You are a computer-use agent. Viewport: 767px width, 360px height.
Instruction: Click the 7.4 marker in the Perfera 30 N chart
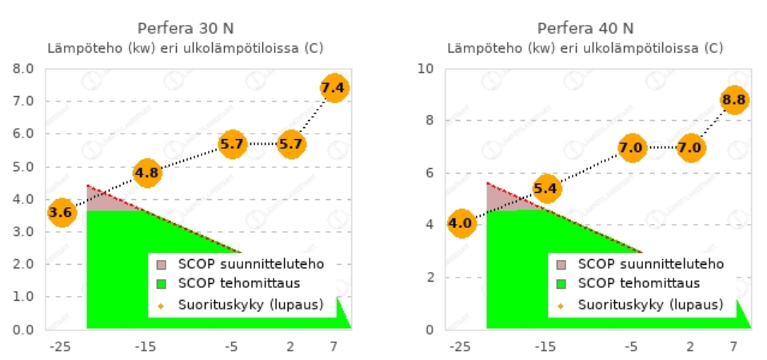click(334, 87)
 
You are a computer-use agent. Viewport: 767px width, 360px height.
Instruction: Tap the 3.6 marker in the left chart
click(61, 212)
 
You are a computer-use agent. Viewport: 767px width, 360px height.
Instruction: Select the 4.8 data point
click(146, 172)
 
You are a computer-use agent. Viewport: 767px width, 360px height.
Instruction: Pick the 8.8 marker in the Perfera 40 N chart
click(733, 100)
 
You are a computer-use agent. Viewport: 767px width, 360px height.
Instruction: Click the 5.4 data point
click(546, 189)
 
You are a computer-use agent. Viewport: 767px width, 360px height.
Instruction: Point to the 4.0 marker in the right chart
click(461, 223)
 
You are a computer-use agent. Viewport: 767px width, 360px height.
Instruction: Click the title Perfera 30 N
click(186, 28)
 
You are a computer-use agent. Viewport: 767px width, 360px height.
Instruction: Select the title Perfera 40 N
click(585, 28)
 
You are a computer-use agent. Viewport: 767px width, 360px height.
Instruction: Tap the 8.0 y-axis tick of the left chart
click(23, 68)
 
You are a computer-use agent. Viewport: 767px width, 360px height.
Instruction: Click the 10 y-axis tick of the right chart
click(426, 68)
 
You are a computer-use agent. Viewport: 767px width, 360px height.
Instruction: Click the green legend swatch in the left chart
click(161, 283)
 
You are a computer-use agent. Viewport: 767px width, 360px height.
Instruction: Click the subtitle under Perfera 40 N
click(585, 48)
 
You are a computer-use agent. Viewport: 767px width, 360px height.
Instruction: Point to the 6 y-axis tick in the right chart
click(430, 173)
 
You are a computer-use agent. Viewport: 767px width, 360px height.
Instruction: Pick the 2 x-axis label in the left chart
click(290, 346)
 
